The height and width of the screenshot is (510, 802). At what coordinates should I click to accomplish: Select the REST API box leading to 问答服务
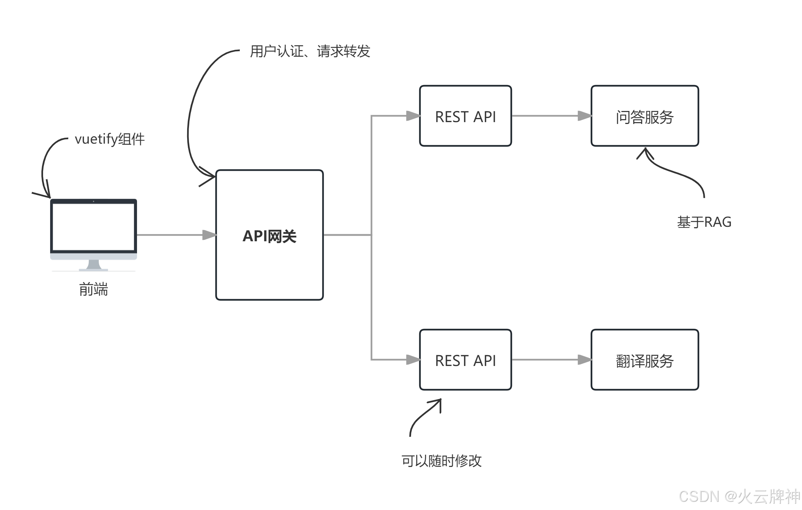point(465,116)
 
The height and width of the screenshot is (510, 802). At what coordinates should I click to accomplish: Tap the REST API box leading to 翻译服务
point(465,360)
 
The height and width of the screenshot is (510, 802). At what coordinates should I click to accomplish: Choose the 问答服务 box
point(645,116)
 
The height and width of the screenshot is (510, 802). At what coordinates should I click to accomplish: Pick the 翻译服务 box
point(645,360)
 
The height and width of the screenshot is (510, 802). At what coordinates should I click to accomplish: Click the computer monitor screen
point(94,226)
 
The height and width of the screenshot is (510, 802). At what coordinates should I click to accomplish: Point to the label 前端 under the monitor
point(94,289)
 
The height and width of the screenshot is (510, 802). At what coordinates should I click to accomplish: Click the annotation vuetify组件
point(110,139)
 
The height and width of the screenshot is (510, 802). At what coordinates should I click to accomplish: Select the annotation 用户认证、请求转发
point(310,51)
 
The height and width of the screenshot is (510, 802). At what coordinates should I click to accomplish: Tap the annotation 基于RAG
point(704,222)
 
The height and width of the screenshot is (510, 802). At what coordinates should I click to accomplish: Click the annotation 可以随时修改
point(441,461)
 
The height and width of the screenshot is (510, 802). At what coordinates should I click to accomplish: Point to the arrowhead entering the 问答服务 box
point(585,116)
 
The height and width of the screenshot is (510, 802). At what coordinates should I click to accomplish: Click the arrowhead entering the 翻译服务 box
point(585,360)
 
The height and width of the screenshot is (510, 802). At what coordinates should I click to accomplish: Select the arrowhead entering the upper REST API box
point(413,116)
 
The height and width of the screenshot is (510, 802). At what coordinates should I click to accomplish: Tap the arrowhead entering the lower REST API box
point(413,360)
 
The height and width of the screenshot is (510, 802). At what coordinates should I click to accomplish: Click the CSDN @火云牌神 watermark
point(739,496)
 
